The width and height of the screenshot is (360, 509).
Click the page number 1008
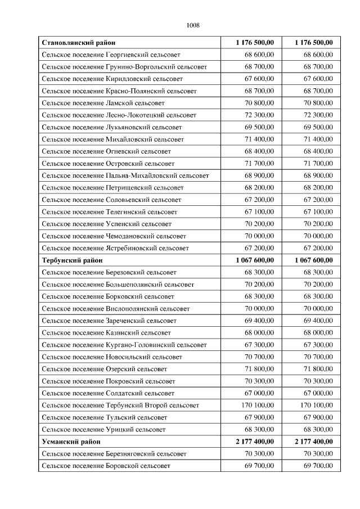[193, 25]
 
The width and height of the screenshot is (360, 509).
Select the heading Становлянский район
[79, 43]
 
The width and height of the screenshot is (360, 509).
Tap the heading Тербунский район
[72, 260]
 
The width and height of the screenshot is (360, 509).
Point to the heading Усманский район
[70, 442]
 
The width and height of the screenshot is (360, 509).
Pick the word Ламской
[119, 103]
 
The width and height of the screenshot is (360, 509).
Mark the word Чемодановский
[130, 236]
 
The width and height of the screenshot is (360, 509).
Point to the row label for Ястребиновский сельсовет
[115, 249]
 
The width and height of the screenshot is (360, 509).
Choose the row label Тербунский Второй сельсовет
[120, 406]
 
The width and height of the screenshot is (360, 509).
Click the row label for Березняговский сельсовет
[114, 454]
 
